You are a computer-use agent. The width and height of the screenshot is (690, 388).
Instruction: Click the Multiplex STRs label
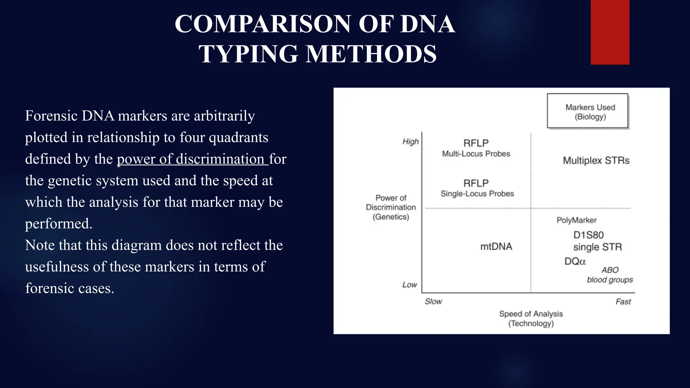pos(596,160)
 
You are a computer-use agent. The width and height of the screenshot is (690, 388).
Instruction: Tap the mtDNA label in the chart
pos(496,247)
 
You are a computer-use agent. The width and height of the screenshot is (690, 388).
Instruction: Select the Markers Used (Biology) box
pos(588,111)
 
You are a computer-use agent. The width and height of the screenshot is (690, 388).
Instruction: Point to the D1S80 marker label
pos(588,235)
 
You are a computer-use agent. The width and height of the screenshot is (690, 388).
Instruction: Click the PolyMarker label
pos(576,220)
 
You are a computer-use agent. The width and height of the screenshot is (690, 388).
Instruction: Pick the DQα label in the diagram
pos(575,261)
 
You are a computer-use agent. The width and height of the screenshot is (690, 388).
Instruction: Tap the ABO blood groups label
pos(610,275)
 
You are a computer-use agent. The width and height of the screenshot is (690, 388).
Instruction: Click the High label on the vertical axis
pos(410,141)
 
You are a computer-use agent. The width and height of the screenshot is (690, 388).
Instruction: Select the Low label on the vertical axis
pos(410,285)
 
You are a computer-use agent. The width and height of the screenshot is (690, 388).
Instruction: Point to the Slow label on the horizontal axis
pos(433,301)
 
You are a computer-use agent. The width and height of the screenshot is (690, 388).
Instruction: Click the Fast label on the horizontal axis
pos(623,302)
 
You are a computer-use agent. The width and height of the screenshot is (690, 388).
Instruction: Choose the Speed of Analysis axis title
pos(531,319)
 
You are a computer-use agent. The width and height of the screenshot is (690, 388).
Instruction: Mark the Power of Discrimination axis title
pos(391,207)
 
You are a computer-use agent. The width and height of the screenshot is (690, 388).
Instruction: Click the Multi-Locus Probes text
pos(476,154)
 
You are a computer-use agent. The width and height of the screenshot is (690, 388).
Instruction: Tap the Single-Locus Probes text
pos(477,194)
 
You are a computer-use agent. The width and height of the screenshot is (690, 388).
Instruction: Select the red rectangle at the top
pos(610,32)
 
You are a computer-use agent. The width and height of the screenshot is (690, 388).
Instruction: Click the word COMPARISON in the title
pos(263,24)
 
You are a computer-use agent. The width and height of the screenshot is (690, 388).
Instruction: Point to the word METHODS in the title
pos(371,54)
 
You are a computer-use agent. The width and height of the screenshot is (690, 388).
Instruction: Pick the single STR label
pos(597,247)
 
